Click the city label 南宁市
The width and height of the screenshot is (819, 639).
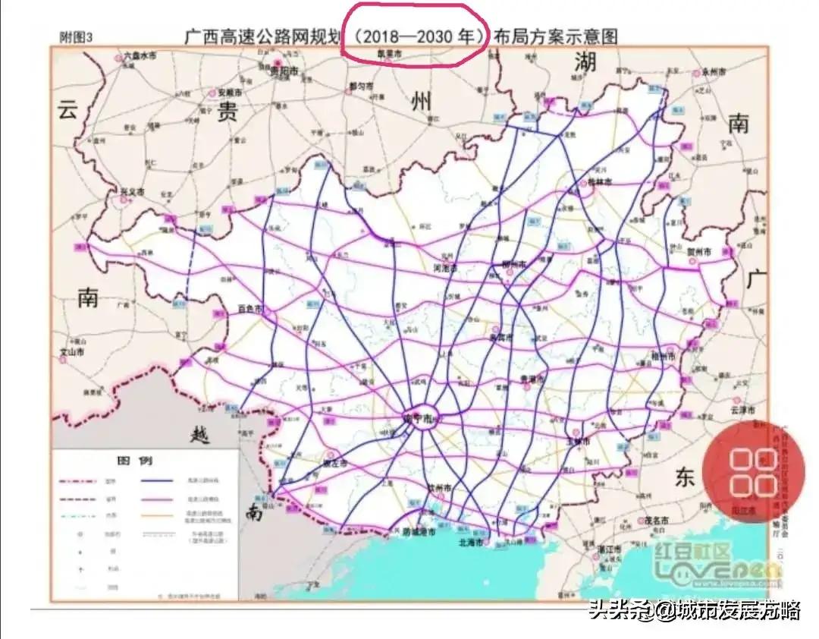(x=417, y=419)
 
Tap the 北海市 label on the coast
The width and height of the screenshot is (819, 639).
(x=472, y=543)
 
